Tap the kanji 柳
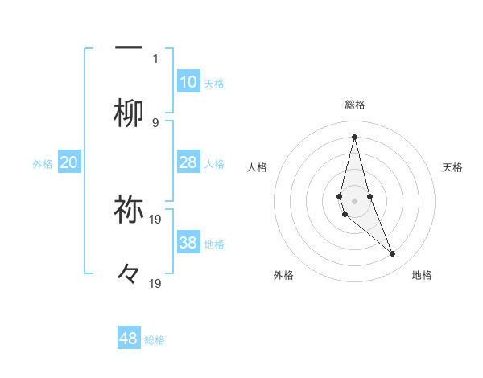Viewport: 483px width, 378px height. coord(129,113)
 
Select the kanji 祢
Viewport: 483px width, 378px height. coord(129,209)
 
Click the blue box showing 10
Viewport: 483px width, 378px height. coord(188,82)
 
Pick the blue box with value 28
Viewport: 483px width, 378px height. coord(188,162)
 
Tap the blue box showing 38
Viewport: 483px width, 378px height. coord(188,243)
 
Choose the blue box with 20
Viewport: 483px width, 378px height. coord(69,162)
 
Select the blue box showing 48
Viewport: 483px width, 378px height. coord(129,339)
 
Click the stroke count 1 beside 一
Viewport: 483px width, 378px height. coord(155,58)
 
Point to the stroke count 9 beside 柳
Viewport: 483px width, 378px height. coord(155,122)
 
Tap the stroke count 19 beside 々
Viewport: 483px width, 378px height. coord(156,283)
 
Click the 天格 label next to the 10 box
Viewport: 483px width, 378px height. coord(214,83)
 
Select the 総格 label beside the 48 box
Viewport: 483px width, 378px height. coord(155,340)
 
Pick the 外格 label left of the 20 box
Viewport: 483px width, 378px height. coord(43,163)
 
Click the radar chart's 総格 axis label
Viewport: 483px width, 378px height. coord(354,105)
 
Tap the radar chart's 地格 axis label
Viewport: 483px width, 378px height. coord(422,275)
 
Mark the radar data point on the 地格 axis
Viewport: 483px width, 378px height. coord(393,254)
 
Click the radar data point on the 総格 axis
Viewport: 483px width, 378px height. coord(354,137)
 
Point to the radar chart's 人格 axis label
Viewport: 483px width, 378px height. coord(258,167)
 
